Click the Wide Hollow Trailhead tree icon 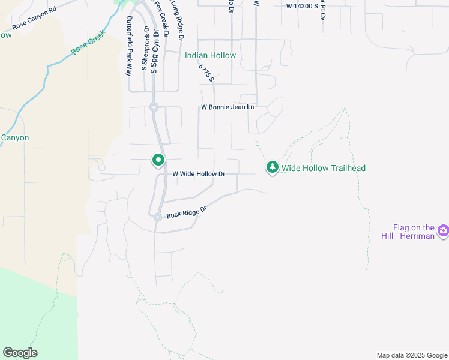[x=273, y=167]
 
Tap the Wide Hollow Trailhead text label [x=324, y=168]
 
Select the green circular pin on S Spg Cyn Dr [x=158, y=160]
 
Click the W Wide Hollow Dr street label [x=199, y=174]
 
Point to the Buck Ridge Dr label [x=187, y=212]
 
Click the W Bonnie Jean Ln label [x=228, y=107]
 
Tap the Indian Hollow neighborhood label [x=210, y=55]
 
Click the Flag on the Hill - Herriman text [x=413, y=232]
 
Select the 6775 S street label [x=206, y=74]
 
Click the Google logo [x=20, y=353]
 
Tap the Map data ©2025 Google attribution [x=411, y=355]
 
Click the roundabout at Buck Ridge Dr [x=157, y=218]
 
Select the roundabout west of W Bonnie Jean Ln [x=154, y=107]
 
